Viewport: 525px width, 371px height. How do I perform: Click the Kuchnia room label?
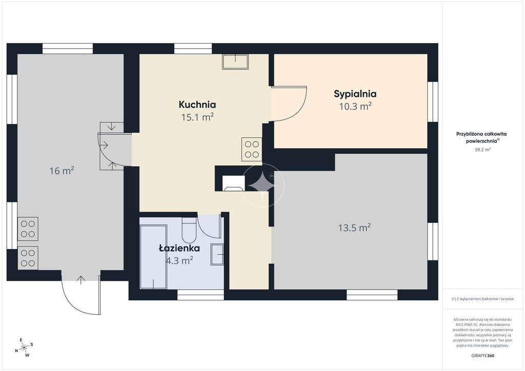click(197, 105)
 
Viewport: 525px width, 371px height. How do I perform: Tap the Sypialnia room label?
click(355, 94)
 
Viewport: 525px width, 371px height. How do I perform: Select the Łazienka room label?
click(179, 248)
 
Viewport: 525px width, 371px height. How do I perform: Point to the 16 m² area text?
click(62, 171)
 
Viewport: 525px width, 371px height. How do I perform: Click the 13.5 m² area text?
click(354, 228)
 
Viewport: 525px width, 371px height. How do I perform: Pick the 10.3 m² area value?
click(355, 107)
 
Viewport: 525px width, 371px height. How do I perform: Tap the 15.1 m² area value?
click(197, 117)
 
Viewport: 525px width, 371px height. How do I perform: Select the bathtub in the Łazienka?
click(153, 257)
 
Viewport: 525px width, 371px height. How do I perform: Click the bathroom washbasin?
click(217, 255)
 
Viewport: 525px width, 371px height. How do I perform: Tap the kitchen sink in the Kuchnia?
click(235, 62)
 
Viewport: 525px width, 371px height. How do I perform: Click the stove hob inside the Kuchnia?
click(251, 149)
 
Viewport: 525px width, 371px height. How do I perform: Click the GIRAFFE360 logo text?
click(482, 356)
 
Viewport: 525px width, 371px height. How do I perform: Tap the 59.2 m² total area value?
click(482, 150)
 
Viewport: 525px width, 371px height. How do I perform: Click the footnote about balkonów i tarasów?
click(482, 299)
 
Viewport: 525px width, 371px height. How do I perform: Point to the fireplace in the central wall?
click(233, 183)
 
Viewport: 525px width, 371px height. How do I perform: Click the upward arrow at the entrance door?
click(80, 280)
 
